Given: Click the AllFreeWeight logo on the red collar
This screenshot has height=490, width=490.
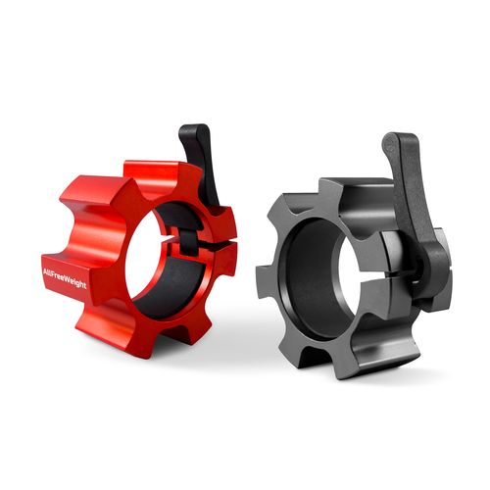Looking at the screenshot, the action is tap(65, 278).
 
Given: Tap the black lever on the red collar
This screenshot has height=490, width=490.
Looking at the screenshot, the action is tap(198, 164).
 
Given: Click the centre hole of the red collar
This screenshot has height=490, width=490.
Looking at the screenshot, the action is tap(144, 255).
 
